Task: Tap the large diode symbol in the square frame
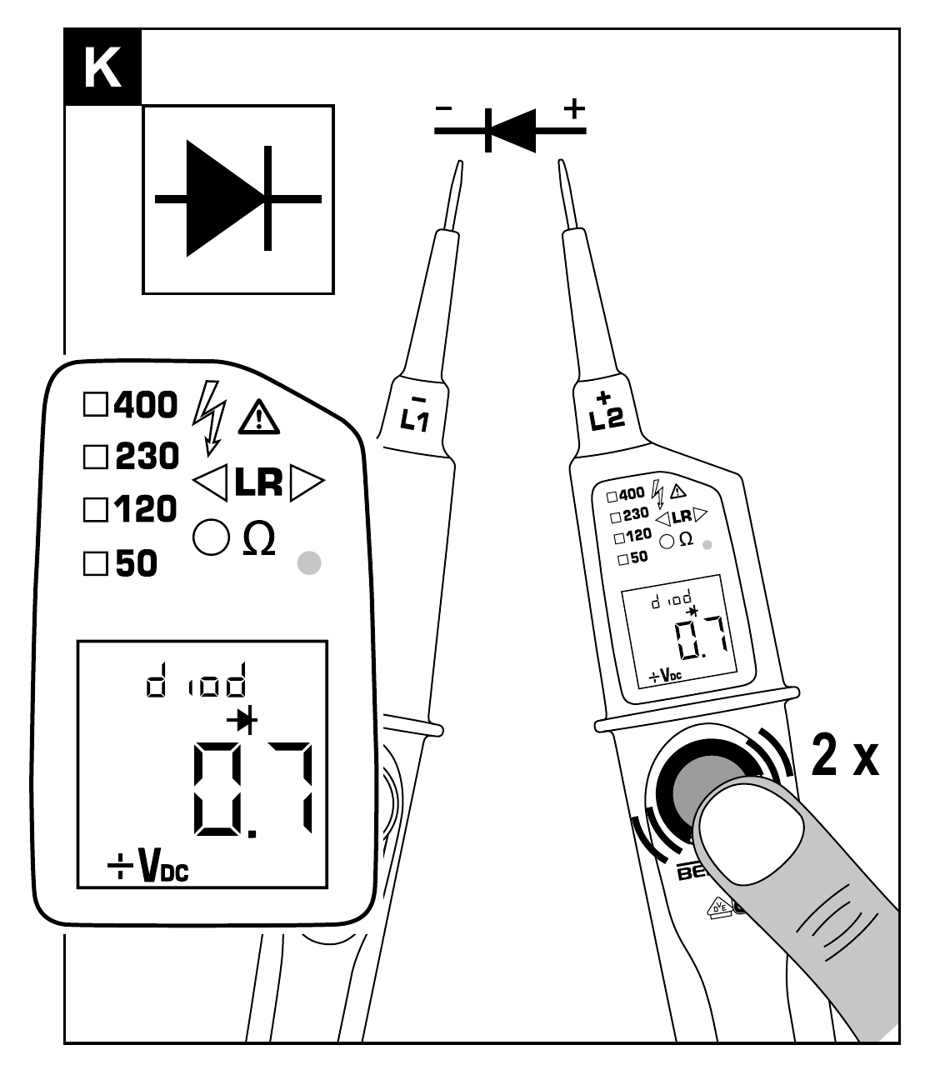pos(238,198)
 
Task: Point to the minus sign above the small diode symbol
pos(445,109)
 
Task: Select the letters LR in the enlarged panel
pos(257,482)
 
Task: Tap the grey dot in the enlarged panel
pos(309,563)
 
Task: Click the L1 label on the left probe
pos(413,414)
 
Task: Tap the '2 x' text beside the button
pos(844,757)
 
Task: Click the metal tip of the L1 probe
pos(456,192)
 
